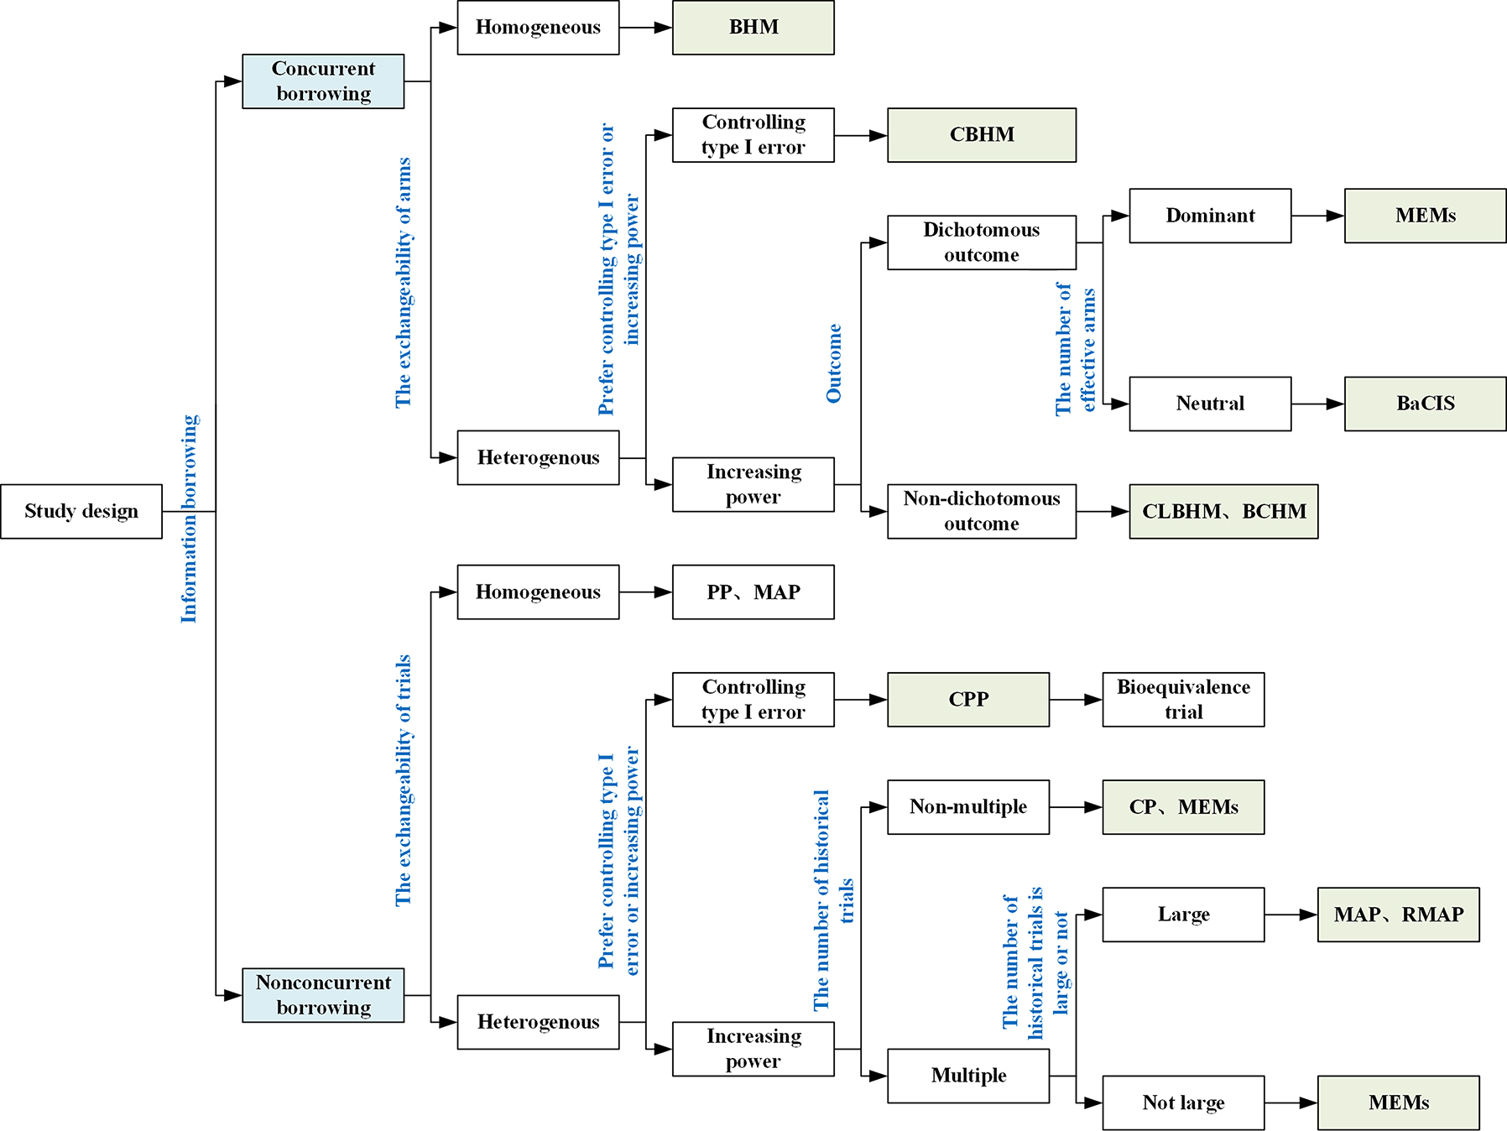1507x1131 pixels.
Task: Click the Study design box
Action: point(81,511)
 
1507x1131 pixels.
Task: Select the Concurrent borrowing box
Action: point(323,81)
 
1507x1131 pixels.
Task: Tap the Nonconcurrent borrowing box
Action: point(323,995)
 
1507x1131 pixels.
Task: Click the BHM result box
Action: point(753,28)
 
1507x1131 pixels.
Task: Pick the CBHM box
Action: point(981,135)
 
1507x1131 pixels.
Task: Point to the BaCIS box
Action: point(1425,404)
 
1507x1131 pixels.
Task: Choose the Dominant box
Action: point(1210,216)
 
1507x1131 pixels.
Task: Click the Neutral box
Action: point(1210,404)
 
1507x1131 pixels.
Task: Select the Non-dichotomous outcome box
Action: point(981,511)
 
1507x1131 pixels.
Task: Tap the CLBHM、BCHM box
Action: point(1223,511)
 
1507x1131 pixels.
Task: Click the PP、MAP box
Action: point(753,592)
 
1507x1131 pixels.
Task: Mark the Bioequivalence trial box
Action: point(1183,699)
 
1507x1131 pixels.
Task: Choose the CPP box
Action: point(967,699)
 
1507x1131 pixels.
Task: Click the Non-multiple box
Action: point(967,807)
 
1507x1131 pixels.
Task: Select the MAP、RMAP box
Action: point(1398,915)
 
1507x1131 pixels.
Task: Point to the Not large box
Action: point(1183,1102)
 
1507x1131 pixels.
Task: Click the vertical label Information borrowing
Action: point(190,519)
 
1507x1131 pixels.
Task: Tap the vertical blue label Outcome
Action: point(834,362)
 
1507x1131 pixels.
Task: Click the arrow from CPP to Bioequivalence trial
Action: point(1076,699)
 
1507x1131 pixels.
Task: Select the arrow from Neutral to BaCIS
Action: point(1317,404)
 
